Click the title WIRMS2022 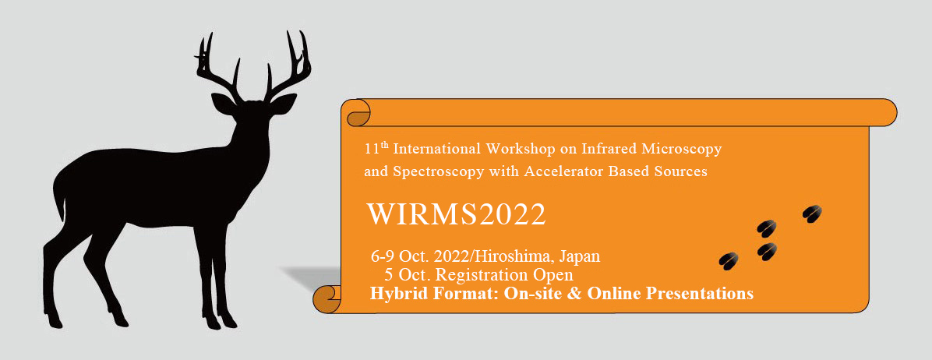[x=456, y=214]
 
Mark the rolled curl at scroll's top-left [x=357, y=114]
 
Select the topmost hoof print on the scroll [x=812, y=214]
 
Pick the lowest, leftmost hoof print [x=729, y=261]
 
